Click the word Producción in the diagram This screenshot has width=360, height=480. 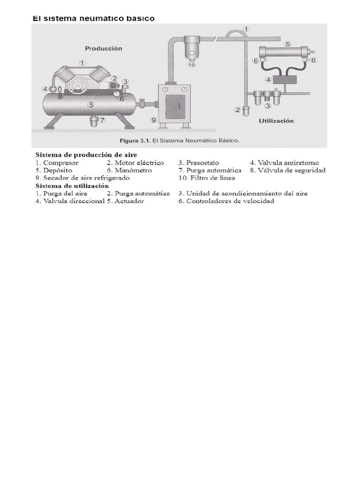(x=104, y=48)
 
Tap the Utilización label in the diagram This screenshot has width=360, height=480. (x=276, y=120)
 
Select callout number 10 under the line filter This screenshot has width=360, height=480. (x=191, y=65)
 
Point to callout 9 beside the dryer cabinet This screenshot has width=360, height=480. (x=153, y=120)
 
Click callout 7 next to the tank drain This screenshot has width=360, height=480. (x=103, y=120)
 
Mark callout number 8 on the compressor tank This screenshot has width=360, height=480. (x=60, y=97)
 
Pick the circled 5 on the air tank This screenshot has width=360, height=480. (x=91, y=105)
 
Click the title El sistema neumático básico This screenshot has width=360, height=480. (x=93, y=18)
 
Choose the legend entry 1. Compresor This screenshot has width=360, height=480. (x=57, y=163)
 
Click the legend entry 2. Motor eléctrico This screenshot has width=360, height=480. (x=135, y=163)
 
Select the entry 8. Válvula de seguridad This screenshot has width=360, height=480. (x=287, y=170)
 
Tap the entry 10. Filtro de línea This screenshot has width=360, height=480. (x=207, y=178)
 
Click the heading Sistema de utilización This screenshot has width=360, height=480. (x=72, y=186)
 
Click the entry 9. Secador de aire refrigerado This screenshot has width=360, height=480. (x=82, y=178)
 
